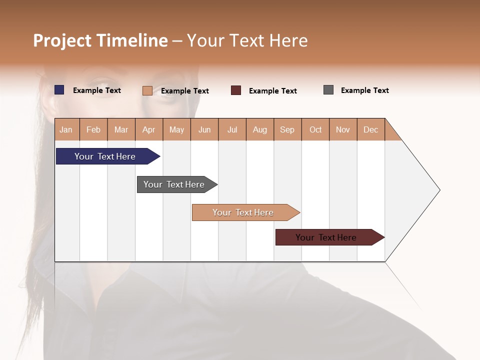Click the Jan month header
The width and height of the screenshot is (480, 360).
(x=66, y=130)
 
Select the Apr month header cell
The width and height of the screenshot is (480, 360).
(x=149, y=130)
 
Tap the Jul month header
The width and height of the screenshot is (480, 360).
(x=232, y=130)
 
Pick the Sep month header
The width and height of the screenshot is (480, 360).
(x=287, y=130)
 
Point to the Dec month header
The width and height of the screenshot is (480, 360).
(x=370, y=130)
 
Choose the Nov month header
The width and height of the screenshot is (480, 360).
(x=343, y=130)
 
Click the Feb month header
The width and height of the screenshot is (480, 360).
(x=93, y=130)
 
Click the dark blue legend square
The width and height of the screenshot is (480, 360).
(x=59, y=90)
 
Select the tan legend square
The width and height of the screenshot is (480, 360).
(x=147, y=90)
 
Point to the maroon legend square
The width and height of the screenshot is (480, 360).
(x=236, y=90)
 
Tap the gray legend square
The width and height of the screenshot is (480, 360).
(x=328, y=90)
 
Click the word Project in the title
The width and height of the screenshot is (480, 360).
(x=62, y=40)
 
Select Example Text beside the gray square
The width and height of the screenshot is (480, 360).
(x=364, y=90)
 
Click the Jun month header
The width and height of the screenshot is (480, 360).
(x=204, y=130)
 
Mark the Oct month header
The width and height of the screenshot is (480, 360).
(x=315, y=130)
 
